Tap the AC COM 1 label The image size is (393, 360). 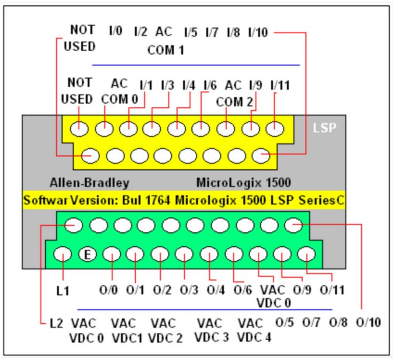pyautogui.click(x=165, y=41)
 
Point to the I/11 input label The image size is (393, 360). pyautogui.click(x=280, y=84)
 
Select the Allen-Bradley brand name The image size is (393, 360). pyautogui.click(x=89, y=183)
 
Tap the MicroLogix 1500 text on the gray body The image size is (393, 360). pyautogui.click(x=243, y=183)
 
